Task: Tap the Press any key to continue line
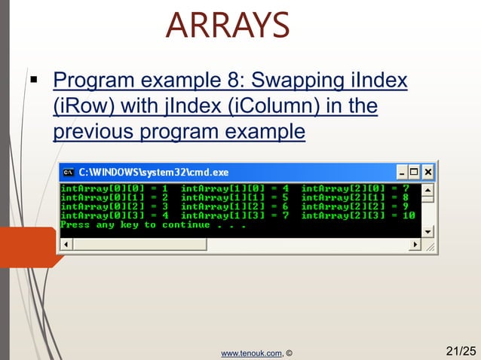[153, 224]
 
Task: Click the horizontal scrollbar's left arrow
[66, 245]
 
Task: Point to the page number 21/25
[461, 350]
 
